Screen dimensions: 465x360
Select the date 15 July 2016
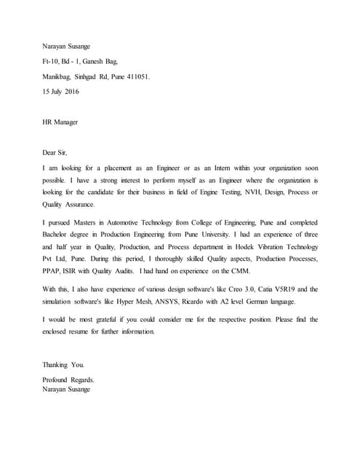(x=61, y=92)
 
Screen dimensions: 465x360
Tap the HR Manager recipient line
(x=60, y=122)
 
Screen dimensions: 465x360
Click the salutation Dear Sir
(x=55, y=153)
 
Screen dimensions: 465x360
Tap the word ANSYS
(x=180, y=302)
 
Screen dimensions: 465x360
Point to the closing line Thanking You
(x=63, y=364)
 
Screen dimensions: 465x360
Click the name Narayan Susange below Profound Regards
(x=67, y=389)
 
